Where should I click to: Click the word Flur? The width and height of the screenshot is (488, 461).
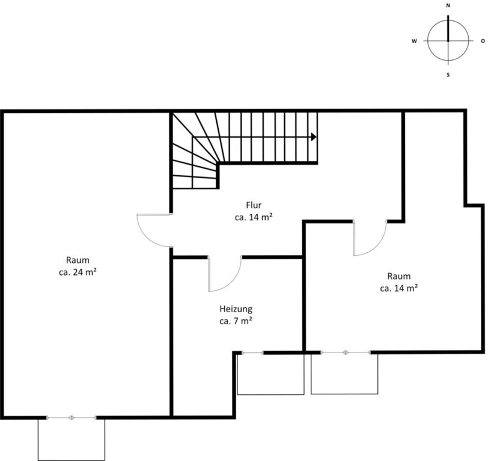[x=254, y=205]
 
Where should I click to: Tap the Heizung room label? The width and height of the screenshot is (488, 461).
[x=236, y=309]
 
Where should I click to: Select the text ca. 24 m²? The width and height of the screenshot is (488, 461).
[x=78, y=272]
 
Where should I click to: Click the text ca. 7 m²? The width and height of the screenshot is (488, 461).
[x=236, y=321]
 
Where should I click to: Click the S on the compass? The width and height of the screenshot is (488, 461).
[x=448, y=75]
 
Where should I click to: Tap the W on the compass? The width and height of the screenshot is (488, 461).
[x=414, y=41]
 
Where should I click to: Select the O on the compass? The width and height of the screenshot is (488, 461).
[x=483, y=41]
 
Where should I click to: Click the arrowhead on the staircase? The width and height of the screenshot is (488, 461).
[x=314, y=137]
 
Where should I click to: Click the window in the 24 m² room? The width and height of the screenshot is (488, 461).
[x=72, y=418]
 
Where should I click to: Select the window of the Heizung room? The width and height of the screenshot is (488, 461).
[x=252, y=352]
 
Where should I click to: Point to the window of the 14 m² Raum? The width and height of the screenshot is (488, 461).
[x=346, y=352]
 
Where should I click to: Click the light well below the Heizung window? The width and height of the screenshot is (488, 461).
[x=271, y=375]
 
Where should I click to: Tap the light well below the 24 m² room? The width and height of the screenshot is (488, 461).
[x=72, y=440]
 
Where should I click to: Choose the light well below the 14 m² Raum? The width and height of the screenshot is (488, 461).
[x=344, y=375]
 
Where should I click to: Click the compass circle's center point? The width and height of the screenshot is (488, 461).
[x=448, y=41]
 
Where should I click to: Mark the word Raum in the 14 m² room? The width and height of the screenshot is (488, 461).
[x=398, y=276]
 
